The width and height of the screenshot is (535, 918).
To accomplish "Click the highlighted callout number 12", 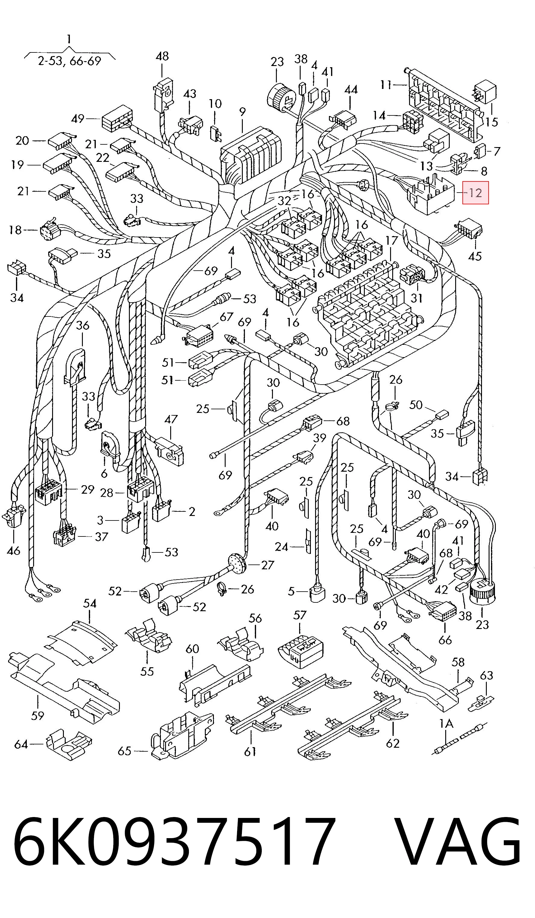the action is coord(475,193).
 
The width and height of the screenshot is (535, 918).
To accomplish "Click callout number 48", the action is coord(162,56).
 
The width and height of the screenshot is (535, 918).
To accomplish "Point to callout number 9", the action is coord(242,112).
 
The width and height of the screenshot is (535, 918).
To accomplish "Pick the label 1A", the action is coord(446,723).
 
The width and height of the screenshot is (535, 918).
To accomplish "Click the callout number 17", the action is coord(392,241).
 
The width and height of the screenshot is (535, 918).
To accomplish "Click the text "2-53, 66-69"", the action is coord(69,61).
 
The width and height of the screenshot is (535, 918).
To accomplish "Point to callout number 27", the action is coord(268,565).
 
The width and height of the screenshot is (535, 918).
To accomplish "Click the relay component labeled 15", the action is coord(485,93).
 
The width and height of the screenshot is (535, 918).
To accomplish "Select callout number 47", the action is coord(171,419).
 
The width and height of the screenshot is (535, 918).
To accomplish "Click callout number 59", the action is coord(38,716).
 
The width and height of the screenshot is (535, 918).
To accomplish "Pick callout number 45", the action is coord(474,256).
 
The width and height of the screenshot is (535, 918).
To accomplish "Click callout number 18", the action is coord(15,230).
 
